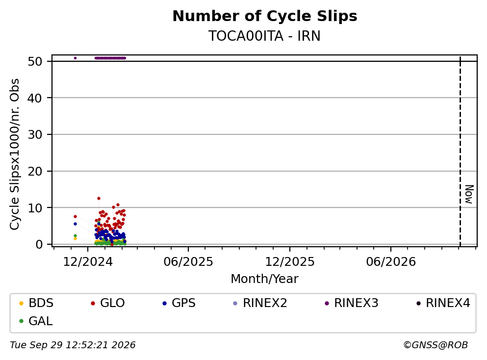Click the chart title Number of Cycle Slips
[x=265, y=16]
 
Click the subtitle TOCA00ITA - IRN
[x=264, y=36]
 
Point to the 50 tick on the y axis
[x=35, y=61]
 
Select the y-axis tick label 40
[x=35, y=98]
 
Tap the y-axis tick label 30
[x=35, y=135]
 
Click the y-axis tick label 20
[x=35, y=172]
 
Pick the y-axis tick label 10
[x=35, y=208]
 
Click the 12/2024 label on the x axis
[x=88, y=262]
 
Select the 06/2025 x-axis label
[x=188, y=262]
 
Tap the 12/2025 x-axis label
[x=290, y=262]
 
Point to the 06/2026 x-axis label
[x=391, y=262]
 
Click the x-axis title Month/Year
[x=264, y=279]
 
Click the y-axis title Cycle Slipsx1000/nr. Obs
[x=14, y=154]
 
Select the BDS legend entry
[x=36, y=303]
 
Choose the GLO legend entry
[x=108, y=303]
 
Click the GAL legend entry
[x=36, y=321]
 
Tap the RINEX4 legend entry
[x=443, y=303]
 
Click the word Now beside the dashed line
[x=469, y=194]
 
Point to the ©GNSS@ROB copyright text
[x=436, y=345]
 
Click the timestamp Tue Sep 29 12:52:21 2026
[x=73, y=345]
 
